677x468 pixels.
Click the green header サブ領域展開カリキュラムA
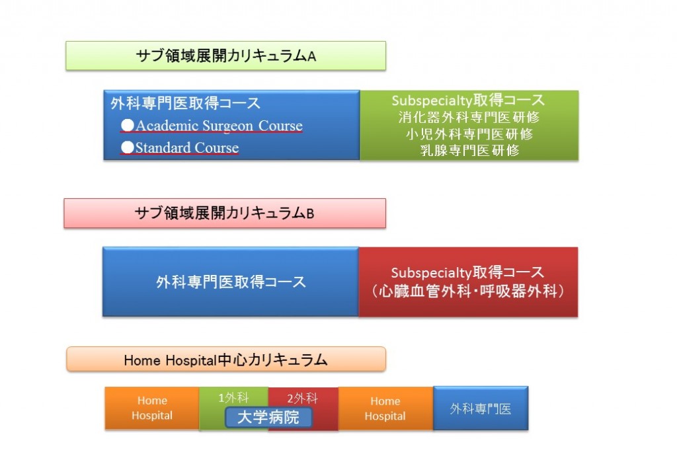point(225,56)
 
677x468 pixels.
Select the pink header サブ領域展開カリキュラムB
point(225,214)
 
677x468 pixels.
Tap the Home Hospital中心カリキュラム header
point(226,359)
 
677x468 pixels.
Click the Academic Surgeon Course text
point(219,126)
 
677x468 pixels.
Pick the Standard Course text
point(187,147)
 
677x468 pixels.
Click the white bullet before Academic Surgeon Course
point(128,125)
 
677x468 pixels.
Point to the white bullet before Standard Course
point(128,147)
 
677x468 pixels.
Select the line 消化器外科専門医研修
point(469,117)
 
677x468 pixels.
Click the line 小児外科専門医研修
point(469,134)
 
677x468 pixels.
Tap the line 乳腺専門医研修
point(469,150)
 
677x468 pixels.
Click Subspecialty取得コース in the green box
point(468,100)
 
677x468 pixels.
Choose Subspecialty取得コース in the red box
point(467,272)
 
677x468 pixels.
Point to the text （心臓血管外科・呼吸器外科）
point(468,291)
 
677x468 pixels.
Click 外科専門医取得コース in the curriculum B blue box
point(231,282)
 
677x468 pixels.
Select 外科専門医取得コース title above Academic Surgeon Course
point(186,103)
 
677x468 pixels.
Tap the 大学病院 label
point(268,417)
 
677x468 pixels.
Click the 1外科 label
point(233,398)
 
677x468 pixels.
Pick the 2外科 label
point(302,398)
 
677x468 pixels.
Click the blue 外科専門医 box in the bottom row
point(481,409)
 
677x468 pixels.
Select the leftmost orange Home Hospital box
point(152,409)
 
